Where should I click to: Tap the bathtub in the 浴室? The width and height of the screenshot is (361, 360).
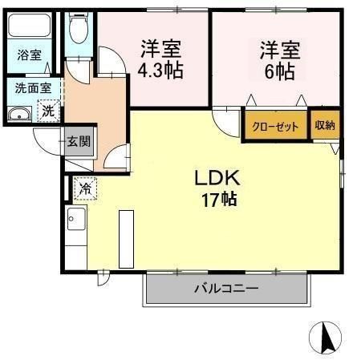click(x=29, y=26)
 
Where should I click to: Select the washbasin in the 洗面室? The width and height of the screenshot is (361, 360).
click(x=19, y=114)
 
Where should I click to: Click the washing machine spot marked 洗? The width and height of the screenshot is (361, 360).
click(x=49, y=111)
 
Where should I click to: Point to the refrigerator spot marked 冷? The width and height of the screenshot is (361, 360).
click(x=85, y=188)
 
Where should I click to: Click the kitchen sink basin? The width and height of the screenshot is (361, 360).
click(x=76, y=219)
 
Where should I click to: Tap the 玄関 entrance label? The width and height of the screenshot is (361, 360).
click(x=79, y=141)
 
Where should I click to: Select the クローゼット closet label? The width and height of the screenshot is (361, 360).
click(x=275, y=126)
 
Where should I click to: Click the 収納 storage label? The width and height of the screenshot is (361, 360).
click(x=325, y=125)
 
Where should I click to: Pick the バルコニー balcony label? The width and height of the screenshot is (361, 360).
click(x=227, y=289)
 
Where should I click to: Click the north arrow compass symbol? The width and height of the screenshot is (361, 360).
click(x=326, y=338)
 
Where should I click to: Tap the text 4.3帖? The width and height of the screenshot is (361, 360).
click(x=160, y=70)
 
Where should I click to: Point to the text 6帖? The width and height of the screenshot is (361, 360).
click(x=280, y=71)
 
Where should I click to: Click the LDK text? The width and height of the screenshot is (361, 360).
click(x=217, y=178)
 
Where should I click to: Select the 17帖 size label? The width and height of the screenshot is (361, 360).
click(x=219, y=200)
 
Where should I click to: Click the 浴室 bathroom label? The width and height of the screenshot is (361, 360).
click(x=30, y=55)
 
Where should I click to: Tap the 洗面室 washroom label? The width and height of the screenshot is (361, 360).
click(x=33, y=88)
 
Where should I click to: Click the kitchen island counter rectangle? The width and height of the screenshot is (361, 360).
click(x=126, y=239)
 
